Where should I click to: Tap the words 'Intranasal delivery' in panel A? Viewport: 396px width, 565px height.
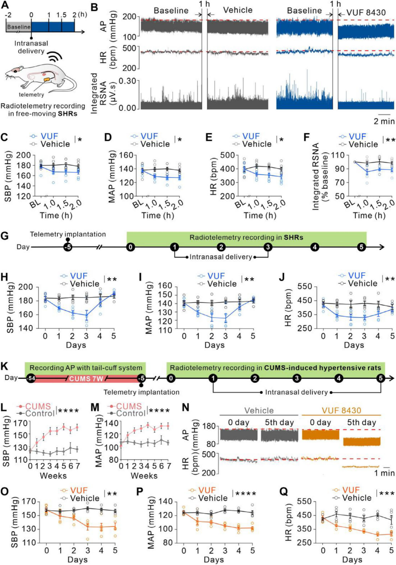coord(31,47)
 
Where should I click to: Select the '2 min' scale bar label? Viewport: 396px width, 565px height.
coord(384,121)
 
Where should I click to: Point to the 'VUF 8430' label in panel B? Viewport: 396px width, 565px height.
coord(365,13)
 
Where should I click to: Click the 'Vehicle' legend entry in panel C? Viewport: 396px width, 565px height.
coord(55,144)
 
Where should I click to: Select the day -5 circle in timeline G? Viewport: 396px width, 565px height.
coord(68,247)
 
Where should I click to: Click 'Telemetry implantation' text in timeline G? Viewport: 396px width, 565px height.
coord(68,234)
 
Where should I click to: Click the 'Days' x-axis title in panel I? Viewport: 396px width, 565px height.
coord(214,345)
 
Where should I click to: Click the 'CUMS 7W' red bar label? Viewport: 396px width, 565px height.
coord(86,379)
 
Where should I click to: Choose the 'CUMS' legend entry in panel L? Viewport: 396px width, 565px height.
coord(38,406)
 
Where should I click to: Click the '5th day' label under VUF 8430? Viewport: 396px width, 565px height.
coord(361,423)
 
